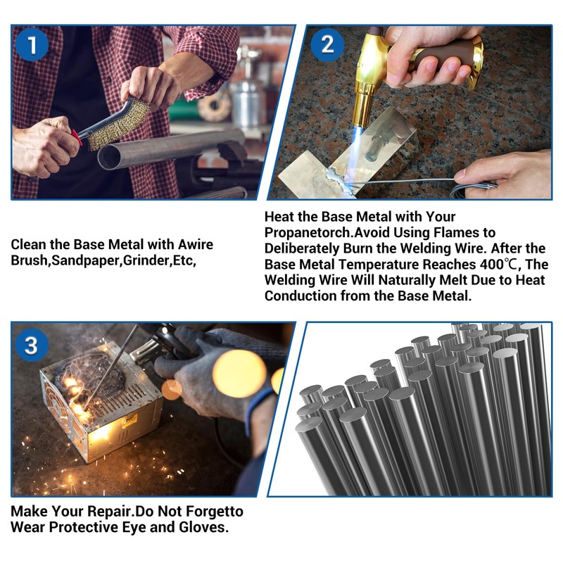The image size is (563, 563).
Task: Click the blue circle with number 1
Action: (x=32, y=45)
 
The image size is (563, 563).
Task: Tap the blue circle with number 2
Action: (x=327, y=45)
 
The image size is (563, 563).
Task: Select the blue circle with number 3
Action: (x=32, y=346)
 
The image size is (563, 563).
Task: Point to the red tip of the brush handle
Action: (x=76, y=137)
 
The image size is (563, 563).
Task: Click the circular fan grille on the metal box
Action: (x=55, y=402)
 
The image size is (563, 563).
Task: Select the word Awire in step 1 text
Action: (x=196, y=244)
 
